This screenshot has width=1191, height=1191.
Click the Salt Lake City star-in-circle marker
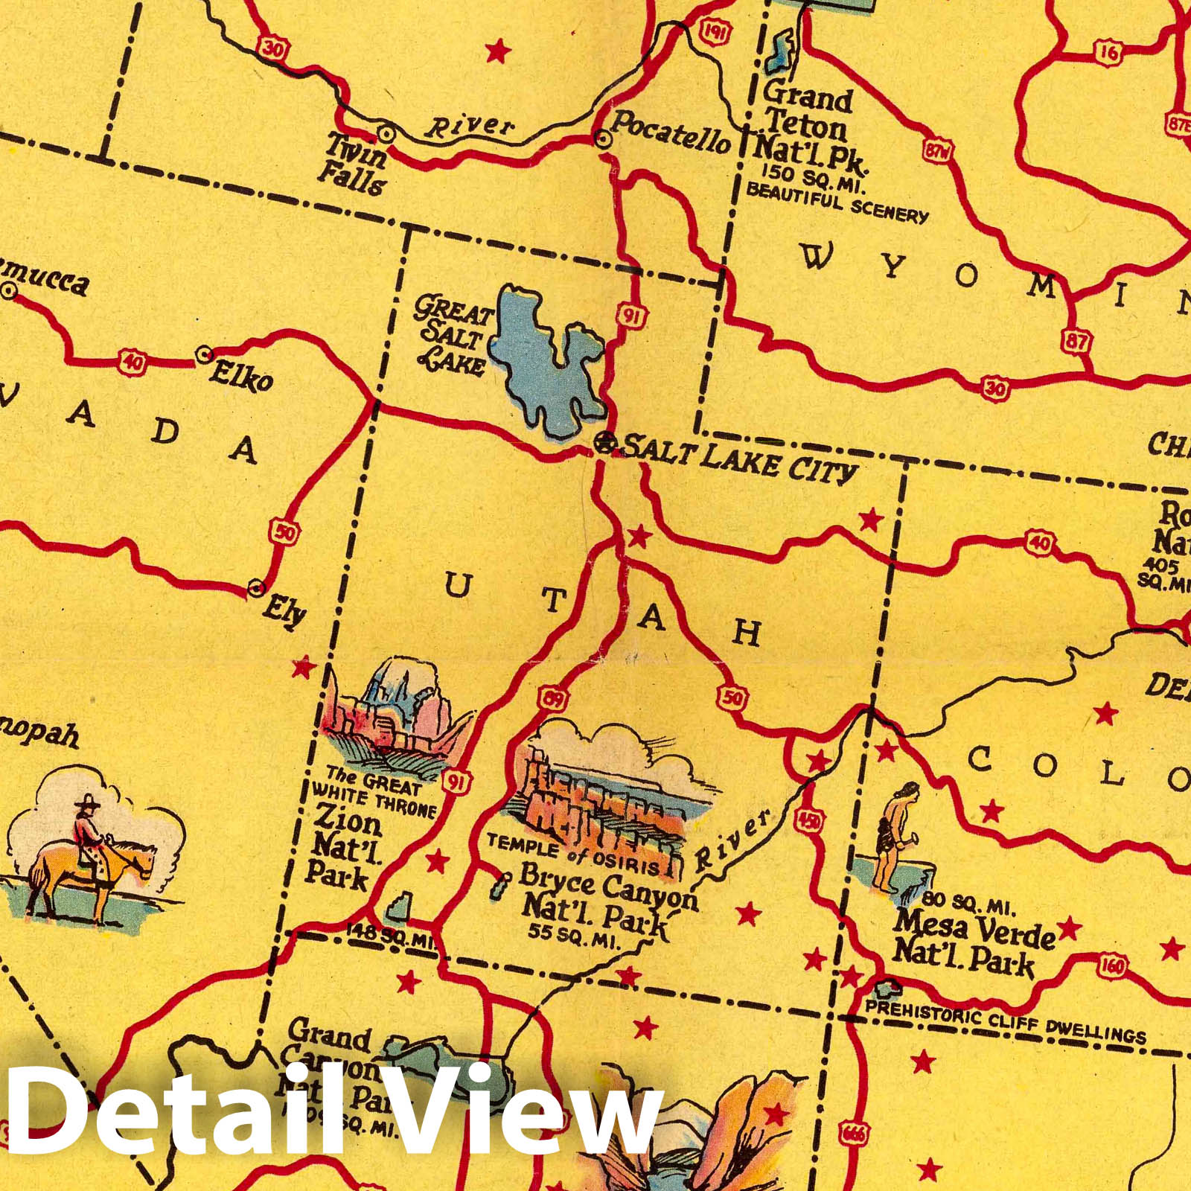click(604, 444)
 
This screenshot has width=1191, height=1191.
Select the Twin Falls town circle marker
click(386, 133)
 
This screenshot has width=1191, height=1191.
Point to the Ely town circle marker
click(257, 588)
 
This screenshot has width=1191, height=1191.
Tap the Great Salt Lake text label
click(453, 335)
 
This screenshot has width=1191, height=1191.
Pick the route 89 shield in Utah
click(555, 700)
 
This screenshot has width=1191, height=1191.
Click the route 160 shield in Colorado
click(1112, 966)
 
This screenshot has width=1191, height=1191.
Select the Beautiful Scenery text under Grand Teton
click(837, 202)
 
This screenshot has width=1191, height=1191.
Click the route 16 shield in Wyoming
click(1108, 51)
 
